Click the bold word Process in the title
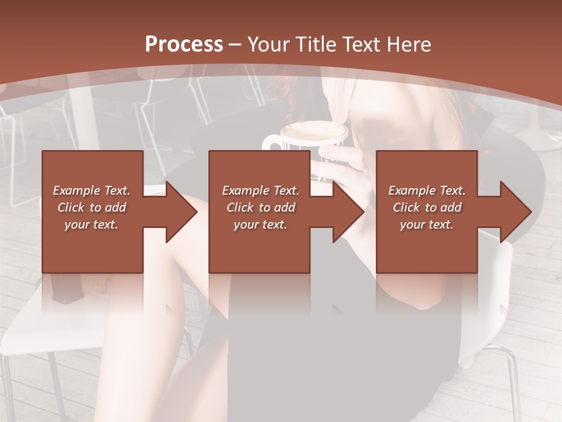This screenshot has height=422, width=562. point(184,45)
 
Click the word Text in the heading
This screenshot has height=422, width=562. point(362,45)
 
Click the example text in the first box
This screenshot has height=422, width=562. point(91,207)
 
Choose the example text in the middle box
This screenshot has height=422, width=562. point(261,207)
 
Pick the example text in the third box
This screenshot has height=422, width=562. point(427,207)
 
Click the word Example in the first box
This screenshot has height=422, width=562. point(76,190)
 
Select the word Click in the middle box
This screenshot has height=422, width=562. point(240,207)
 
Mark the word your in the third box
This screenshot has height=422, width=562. point(412,224)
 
